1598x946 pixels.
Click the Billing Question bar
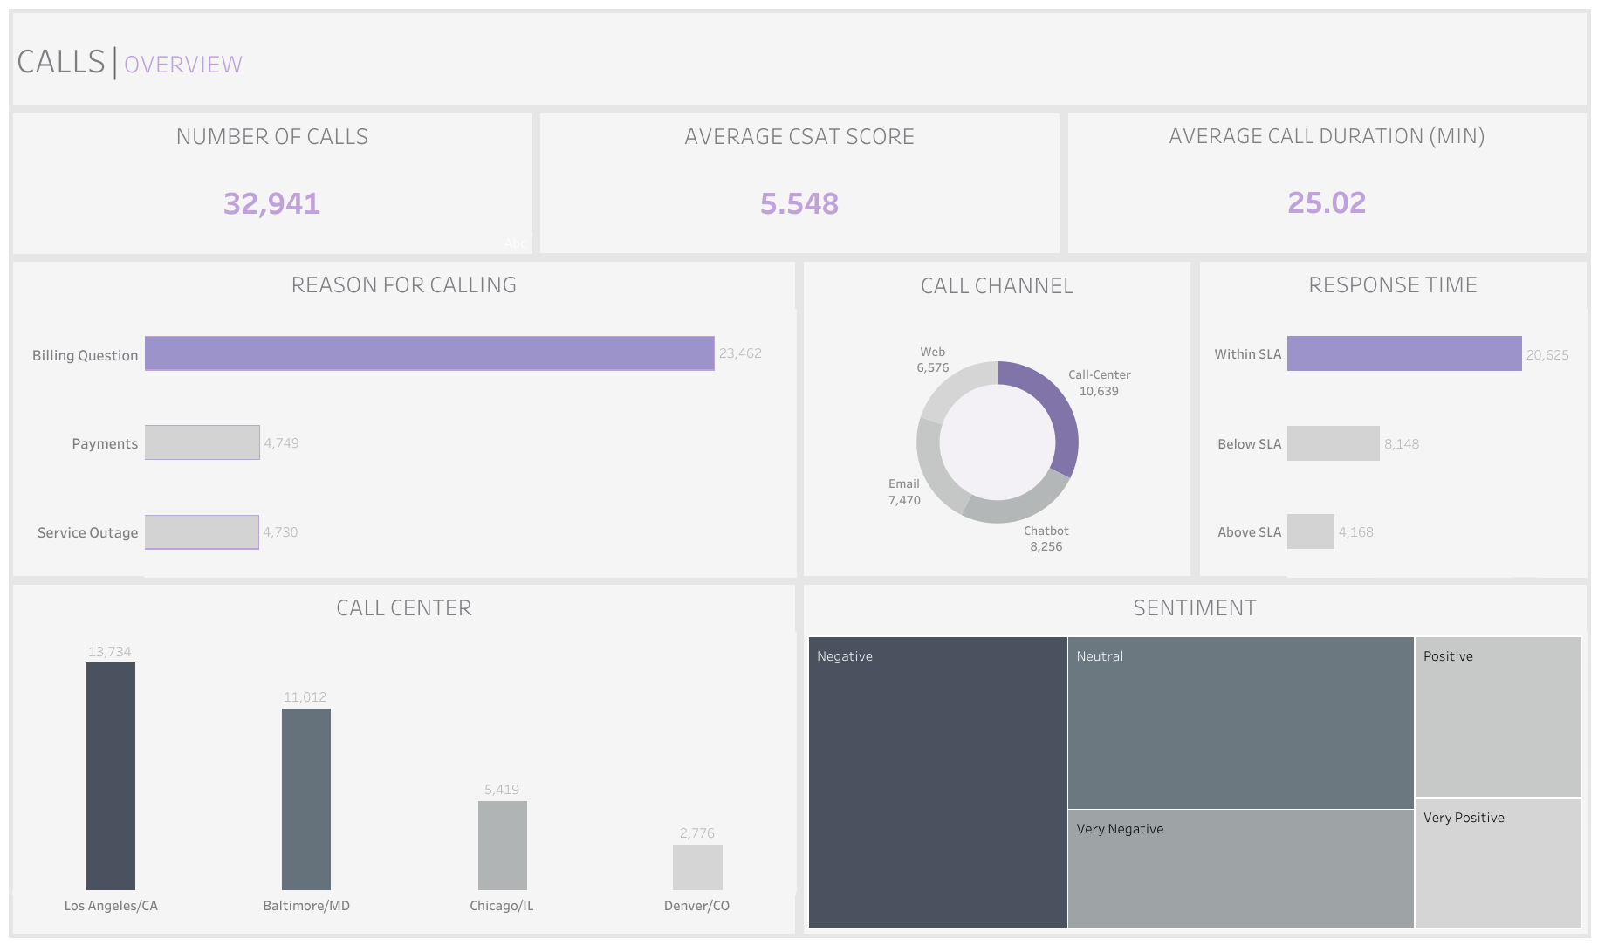pyautogui.click(x=429, y=353)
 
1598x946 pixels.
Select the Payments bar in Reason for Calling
pyautogui.click(x=202, y=442)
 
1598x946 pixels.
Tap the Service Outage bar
pyautogui.click(x=202, y=531)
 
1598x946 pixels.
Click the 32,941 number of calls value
pyautogui.click(x=271, y=203)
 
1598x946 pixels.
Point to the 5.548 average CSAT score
pyautogui.click(x=799, y=203)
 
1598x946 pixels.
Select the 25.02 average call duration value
pyautogui.click(x=1326, y=202)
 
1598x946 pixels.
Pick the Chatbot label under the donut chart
pyautogui.click(x=1046, y=531)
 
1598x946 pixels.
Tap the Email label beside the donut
pyautogui.click(x=903, y=483)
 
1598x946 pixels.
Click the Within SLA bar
pyautogui.click(x=1403, y=353)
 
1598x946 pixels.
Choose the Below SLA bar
pyautogui.click(x=1333, y=443)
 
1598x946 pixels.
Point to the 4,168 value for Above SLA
pyautogui.click(x=1355, y=532)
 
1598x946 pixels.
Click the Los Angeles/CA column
pyautogui.click(x=111, y=776)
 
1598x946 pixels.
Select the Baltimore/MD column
pyautogui.click(x=306, y=799)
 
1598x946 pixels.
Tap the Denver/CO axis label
pyautogui.click(x=696, y=906)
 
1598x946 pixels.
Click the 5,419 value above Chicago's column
pyautogui.click(x=502, y=790)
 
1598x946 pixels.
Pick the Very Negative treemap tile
pyautogui.click(x=1239, y=868)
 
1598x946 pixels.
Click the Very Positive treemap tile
pyautogui.click(x=1498, y=862)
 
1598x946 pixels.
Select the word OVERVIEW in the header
pyautogui.click(x=183, y=65)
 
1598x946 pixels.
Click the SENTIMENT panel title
pyautogui.click(x=1194, y=608)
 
